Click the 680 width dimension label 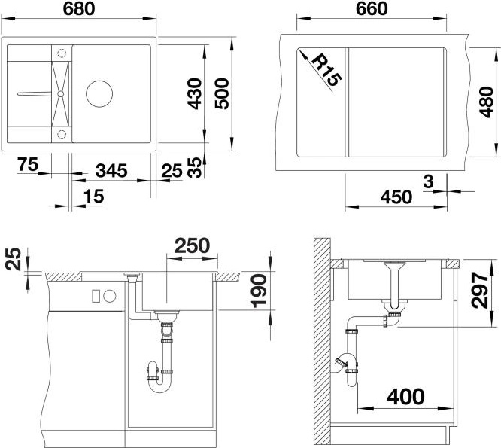78,8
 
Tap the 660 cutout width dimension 372,8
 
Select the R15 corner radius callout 326,71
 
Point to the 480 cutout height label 486,102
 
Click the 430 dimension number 195,93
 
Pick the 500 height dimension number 222,93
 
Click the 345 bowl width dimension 111,170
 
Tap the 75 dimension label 28,164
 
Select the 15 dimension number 93,196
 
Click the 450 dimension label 396,197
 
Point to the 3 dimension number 428,181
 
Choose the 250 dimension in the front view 192,245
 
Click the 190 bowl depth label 259,291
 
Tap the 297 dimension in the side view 480,290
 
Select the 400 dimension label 405,397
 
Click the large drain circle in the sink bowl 99,93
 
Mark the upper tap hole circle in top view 62,53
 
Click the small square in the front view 96,296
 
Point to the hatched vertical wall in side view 322,342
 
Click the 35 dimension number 195,168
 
